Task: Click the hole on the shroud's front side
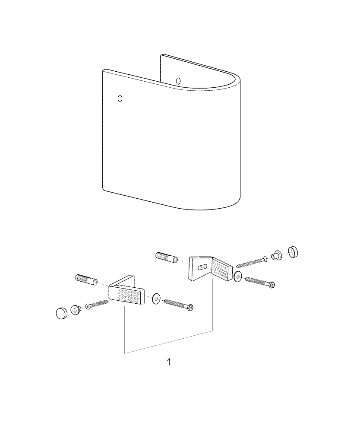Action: (x=120, y=98)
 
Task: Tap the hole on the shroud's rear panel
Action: (x=178, y=81)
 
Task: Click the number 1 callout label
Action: (x=169, y=362)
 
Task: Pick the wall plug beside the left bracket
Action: (x=86, y=280)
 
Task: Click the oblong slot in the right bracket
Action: (x=202, y=267)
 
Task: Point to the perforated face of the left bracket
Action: (x=126, y=295)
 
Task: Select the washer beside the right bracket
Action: (x=237, y=277)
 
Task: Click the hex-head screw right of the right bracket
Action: (x=260, y=282)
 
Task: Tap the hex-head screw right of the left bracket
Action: (x=179, y=305)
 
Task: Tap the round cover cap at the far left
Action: (x=62, y=314)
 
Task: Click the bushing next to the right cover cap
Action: (x=277, y=254)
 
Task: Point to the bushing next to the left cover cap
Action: (x=76, y=311)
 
